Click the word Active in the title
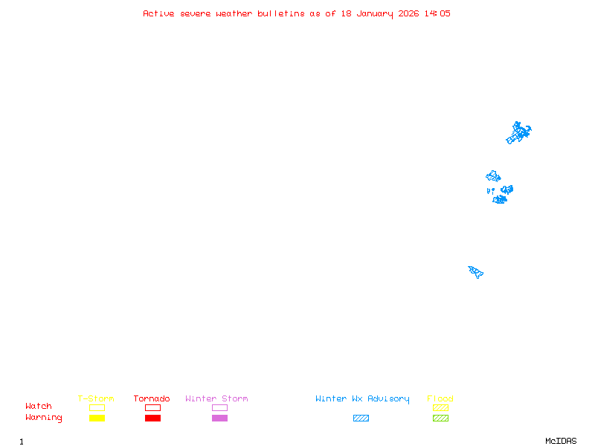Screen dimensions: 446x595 (x=159, y=13)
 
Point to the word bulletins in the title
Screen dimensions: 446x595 (x=281, y=13)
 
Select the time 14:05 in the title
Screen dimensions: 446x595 (x=437, y=13)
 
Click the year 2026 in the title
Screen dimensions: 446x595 (x=409, y=13)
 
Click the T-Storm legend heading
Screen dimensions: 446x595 (x=96, y=399)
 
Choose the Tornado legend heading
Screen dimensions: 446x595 (x=152, y=399)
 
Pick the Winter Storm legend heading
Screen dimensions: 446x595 (x=216, y=399)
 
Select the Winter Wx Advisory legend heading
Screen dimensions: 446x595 (x=362, y=399)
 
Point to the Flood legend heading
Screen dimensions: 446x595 (x=440, y=399)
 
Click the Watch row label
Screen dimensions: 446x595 (x=39, y=407)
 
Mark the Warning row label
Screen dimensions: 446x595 (x=44, y=418)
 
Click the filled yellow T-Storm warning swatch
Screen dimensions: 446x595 (x=97, y=418)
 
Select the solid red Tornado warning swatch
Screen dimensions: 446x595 (x=152, y=418)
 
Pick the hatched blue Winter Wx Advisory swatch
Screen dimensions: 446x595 (x=361, y=418)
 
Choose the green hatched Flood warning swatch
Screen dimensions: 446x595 (x=440, y=418)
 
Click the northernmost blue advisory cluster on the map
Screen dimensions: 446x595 (x=519, y=133)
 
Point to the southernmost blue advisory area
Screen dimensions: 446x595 (x=476, y=271)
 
